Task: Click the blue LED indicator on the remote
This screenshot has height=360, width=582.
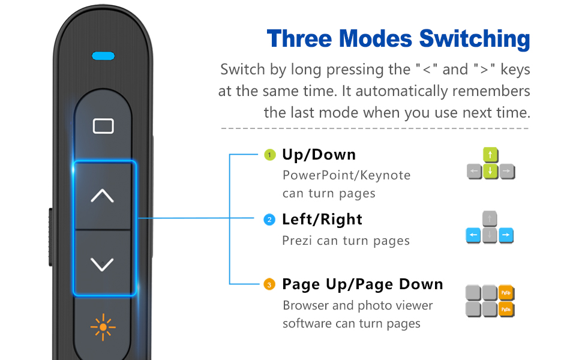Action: click(x=103, y=56)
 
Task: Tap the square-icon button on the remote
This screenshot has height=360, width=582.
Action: click(x=103, y=126)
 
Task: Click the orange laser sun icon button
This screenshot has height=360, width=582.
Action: click(x=103, y=327)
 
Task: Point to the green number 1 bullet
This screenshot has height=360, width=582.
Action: click(x=270, y=155)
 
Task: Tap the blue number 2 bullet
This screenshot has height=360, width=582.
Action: click(x=270, y=220)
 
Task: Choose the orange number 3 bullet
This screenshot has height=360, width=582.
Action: click(x=270, y=284)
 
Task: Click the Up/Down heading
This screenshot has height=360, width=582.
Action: click(x=319, y=155)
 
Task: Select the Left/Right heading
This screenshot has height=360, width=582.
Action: click(x=322, y=220)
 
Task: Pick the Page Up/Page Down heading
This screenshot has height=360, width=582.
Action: click(x=362, y=284)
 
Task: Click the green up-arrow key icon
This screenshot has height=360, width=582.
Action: click(x=491, y=156)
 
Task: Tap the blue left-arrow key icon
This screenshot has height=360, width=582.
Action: click(x=474, y=235)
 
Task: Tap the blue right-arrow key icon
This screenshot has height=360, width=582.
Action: click(x=506, y=235)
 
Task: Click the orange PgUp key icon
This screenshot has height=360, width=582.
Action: click(x=507, y=293)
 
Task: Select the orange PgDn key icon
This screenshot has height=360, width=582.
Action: click(x=507, y=310)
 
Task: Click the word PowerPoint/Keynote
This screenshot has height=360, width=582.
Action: click(x=347, y=176)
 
